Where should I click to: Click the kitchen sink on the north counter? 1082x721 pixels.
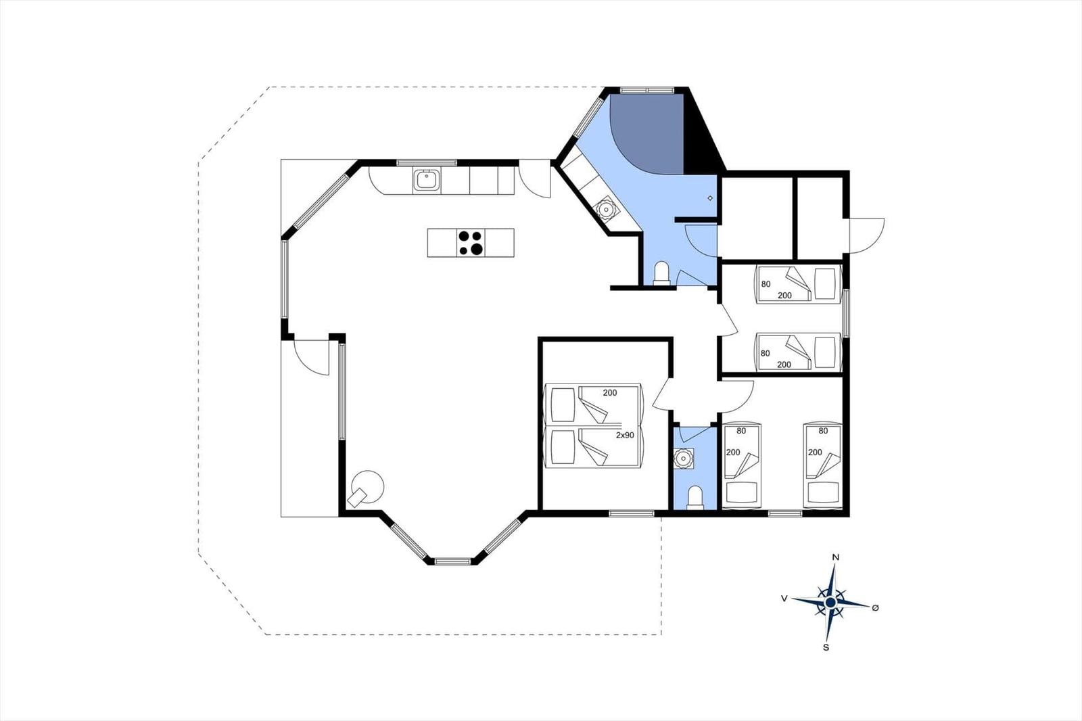point(427,180)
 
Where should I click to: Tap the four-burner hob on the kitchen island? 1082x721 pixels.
point(471,243)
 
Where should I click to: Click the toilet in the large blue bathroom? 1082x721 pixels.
point(661,273)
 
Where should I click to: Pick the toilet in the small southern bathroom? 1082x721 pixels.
point(695,497)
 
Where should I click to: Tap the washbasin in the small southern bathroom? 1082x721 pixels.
point(684,458)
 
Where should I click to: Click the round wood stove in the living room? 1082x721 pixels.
point(367,487)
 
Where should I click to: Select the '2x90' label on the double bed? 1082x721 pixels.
point(625,435)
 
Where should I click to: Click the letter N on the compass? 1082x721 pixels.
point(836,557)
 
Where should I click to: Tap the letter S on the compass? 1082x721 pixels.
point(826,647)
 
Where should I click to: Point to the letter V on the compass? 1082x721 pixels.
point(784,599)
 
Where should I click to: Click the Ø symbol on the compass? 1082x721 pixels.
point(875,608)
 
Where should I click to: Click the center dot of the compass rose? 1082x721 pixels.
point(830,603)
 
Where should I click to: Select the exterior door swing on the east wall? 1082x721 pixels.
point(867,235)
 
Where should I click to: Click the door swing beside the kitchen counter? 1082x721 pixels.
point(535,179)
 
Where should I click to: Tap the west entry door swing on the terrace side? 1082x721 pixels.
point(312,358)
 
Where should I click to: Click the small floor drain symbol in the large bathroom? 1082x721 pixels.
point(710,198)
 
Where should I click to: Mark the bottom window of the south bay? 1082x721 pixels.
point(452,561)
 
